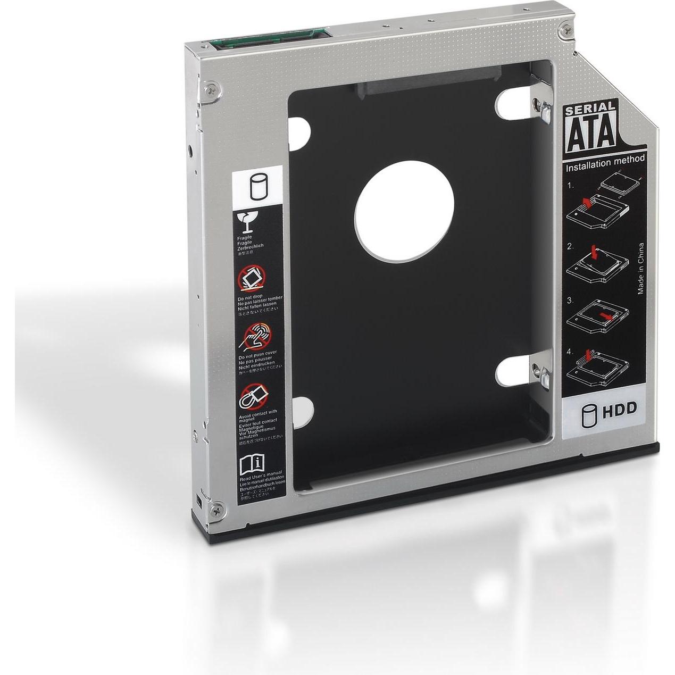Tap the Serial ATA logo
point(591,128)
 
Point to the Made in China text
point(641,269)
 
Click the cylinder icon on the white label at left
point(256,188)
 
